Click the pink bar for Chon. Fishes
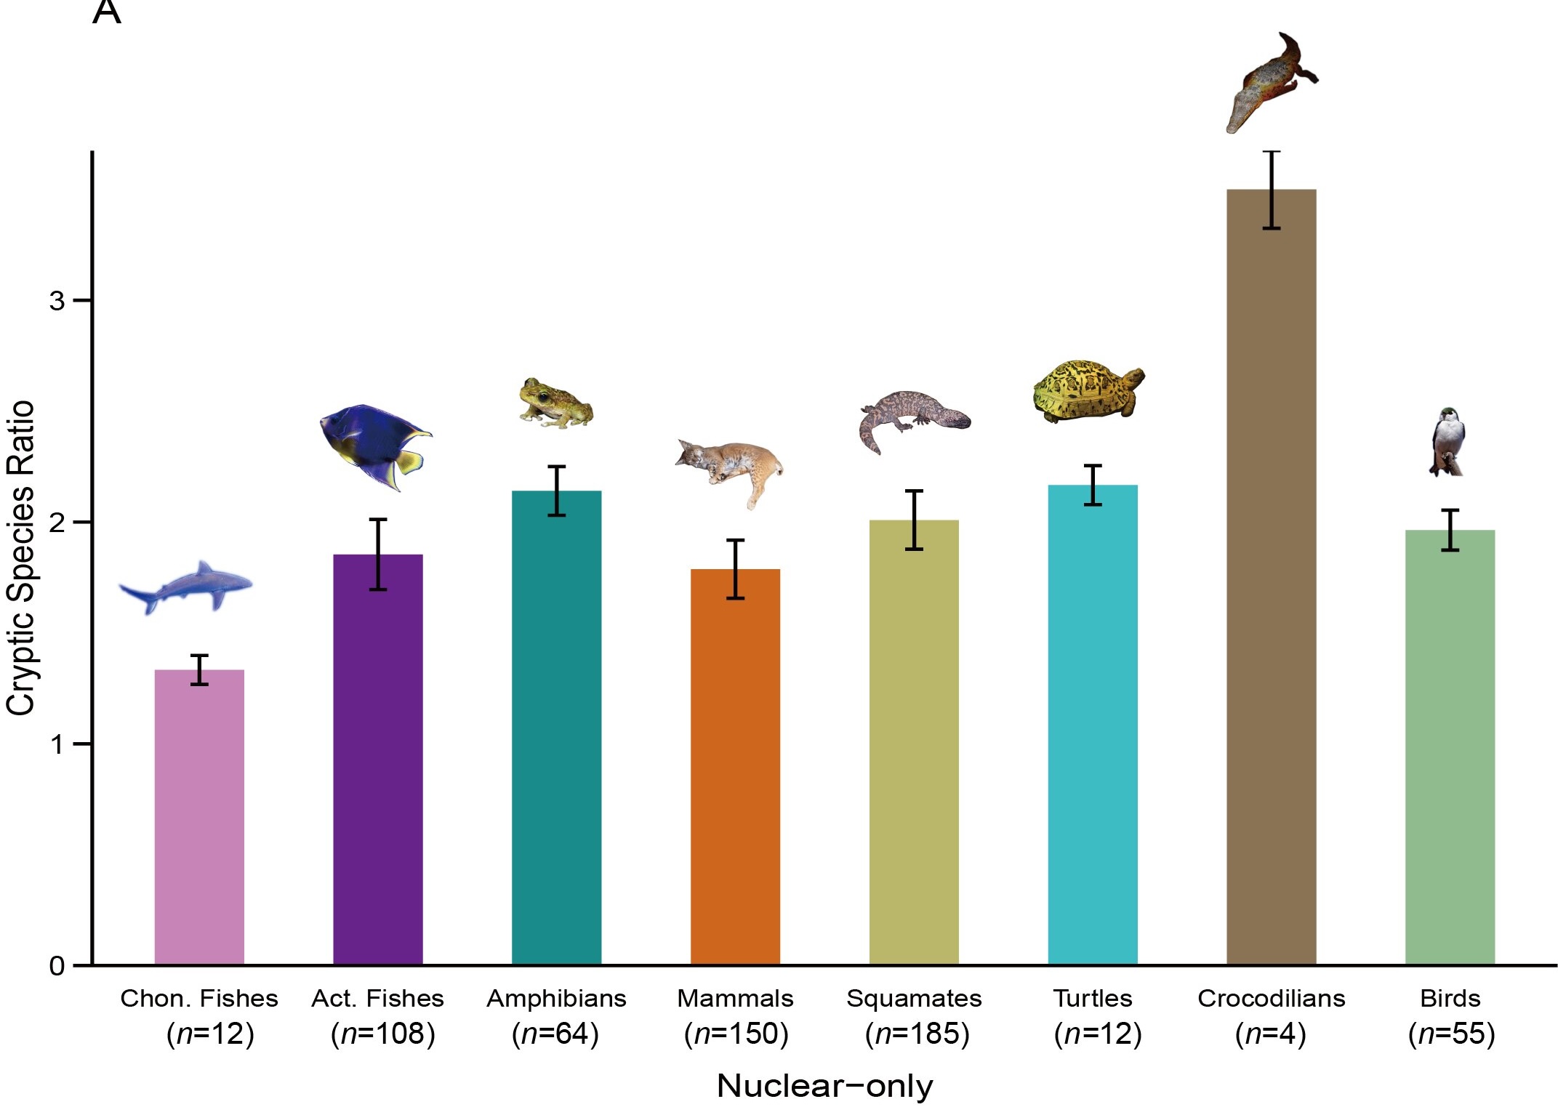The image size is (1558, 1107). tap(199, 818)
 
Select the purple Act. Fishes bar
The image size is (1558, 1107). tap(378, 760)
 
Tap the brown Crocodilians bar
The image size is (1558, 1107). tap(1271, 578)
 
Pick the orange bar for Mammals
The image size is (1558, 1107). tap(735, 767)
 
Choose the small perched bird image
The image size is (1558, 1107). tap(1447, 442)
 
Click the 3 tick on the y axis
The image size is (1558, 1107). tap(57, 300)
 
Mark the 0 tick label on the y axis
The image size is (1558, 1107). tap(57, 966)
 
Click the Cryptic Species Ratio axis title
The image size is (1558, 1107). tap(20, 557)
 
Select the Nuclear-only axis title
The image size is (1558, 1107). tap(824, 1086)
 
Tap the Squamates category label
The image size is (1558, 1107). tap(914, 999)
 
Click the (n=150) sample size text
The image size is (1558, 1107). tap(736, 1034)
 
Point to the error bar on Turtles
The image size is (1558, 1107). tap(1093, 485)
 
